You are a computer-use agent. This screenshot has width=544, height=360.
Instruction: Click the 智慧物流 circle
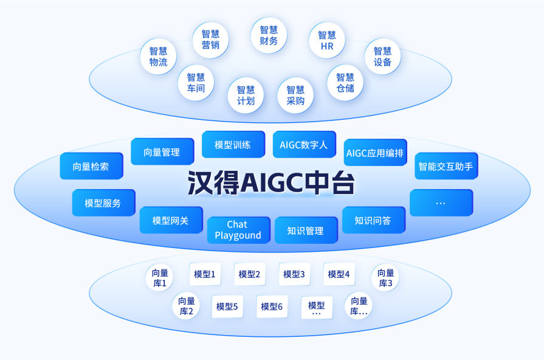[158, 56]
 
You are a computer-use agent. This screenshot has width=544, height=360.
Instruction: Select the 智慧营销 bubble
[210, 40]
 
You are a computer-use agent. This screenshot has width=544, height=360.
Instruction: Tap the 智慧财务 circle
[269, 35]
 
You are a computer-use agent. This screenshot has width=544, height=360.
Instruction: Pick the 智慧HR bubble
[327, 40]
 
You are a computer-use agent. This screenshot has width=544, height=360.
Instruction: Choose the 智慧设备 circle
[383, 56]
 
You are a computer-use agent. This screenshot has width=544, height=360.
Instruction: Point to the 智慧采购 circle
[295, 95]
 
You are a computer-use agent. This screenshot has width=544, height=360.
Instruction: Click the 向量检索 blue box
[92, 166]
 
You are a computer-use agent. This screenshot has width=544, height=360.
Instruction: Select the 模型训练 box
[233, 144]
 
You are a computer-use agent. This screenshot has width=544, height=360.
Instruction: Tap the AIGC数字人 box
[305, 144]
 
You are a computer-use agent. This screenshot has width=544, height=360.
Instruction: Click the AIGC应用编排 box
[376, 153]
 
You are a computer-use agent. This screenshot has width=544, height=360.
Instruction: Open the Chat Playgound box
[239, 230]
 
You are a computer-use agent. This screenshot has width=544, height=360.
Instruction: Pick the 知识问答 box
[374, 220]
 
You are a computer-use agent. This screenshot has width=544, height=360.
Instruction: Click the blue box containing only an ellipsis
[441, 202]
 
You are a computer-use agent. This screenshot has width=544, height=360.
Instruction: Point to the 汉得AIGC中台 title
[271, 182]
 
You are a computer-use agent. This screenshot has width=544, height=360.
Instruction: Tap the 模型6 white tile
[272, 306]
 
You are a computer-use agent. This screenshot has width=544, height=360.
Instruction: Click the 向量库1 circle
[160, 278]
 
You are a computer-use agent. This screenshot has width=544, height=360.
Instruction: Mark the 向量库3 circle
[385, 278]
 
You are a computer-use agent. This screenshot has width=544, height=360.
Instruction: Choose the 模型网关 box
[171, 220]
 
